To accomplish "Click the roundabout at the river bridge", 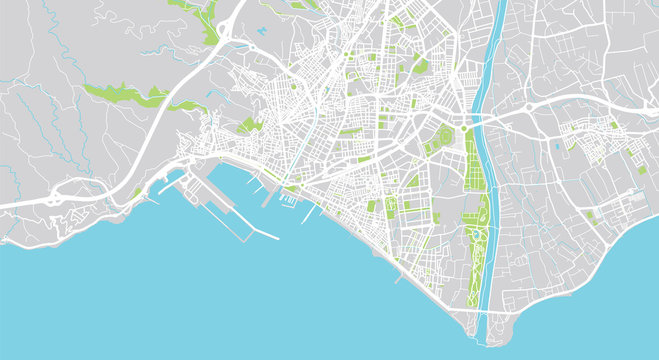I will coord(466,128).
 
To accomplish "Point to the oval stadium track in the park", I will coord(475,240).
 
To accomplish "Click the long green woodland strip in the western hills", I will coord(125,95).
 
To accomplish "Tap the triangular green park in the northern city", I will coord(420,66).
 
